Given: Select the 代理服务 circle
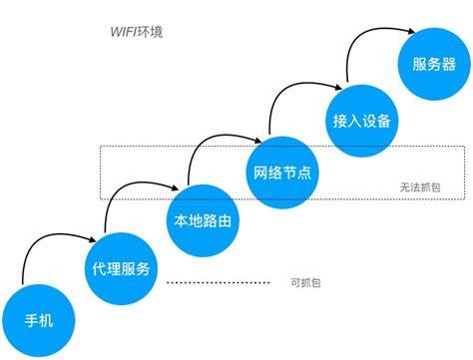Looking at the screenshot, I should tap(121, 269).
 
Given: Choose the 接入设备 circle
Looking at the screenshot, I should tap(359, 121).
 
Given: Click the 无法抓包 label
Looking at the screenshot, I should tap(418, 185).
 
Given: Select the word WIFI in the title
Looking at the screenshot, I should tap(124, 32).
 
